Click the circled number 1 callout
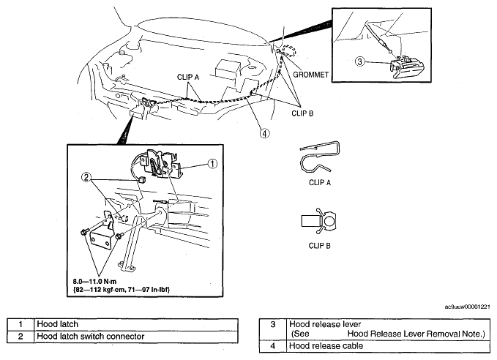pyautogui.click(x=212, y=163)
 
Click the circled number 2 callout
pyautogui.click(x=86, y=178)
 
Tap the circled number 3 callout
pyautogui.click(x=359, y=61)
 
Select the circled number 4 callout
pyautogui.click(x=265, y=133)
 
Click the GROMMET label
pyautogui.click(x=310, y=75)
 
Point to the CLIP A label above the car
pyautogui.click(x=188, y=77)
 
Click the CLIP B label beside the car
pyautogui.click(x=302, y=113)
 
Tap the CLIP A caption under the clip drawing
pyautogui.click(x=319, y=182)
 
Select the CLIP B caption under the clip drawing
pyautogui.click(x=319, y=246)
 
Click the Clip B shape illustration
pyautogui.click(x=318, y=221)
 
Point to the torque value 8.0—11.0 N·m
pyautogui.click(x=94, y=282)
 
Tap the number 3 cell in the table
pyautogui.click(x=273, y=329)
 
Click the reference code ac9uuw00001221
pyautogui.click(x=468, y=307)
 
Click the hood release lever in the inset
pyautogui.click(x=404, y=67)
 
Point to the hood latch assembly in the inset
pyautogui.click(x=162, y=162)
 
